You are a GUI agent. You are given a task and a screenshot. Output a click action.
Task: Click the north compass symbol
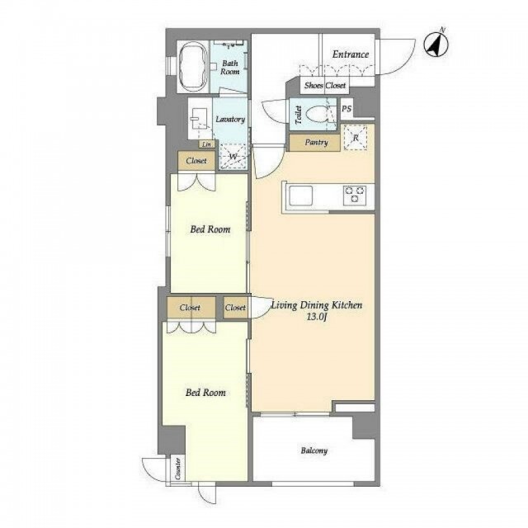(x=436, y=44)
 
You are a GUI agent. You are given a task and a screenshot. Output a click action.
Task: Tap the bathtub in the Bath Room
(x=193, y=67)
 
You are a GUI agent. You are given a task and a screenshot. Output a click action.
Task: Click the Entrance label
(x=350, y=54)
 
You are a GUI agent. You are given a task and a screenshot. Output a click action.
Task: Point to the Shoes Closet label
(x=325, y=86)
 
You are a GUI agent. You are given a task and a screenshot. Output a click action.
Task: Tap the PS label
(x=346, y=109)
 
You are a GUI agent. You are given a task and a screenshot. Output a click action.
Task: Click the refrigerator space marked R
(x=356, y=138)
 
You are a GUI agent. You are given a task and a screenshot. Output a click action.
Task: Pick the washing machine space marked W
(x=233, y=157)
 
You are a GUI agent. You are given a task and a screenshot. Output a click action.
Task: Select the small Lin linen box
(x=207, y=144)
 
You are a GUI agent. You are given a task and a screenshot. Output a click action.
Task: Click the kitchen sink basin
(x=300, y=196)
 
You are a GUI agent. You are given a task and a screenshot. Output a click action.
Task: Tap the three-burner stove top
(x=354, y=195)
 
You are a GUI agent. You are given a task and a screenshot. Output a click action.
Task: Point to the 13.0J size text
(x=317, y=317)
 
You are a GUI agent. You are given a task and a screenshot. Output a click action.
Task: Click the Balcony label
(x=313, y=450)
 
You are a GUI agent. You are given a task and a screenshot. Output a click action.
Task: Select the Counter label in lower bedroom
(x=178, y=469)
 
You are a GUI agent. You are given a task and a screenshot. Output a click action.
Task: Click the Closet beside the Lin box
(x=196, y=161)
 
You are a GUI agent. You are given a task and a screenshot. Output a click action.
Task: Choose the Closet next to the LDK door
(x=235, y=308)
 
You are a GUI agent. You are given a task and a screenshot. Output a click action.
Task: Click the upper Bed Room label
(x=210, y=229)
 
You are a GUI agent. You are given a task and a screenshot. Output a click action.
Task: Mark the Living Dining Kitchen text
(x=317, y=305)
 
